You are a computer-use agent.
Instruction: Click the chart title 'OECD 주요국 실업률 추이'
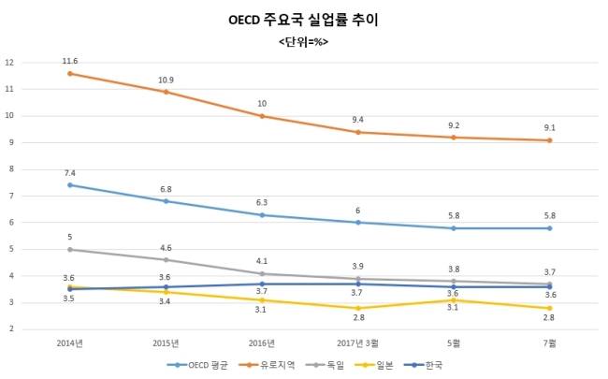coord(304,19)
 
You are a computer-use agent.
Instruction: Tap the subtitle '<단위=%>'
coord(304,42)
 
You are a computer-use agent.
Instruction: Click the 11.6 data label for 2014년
coord(70,61)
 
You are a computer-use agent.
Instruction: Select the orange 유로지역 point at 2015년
coord(166,92)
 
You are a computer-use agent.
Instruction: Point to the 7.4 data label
coord(70,173)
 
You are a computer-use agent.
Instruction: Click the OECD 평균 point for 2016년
coord(262,215)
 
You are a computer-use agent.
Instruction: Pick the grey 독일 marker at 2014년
coord(70,250)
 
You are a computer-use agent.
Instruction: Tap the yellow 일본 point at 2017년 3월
coord(358,308)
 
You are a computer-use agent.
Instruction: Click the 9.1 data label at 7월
coord(550,128)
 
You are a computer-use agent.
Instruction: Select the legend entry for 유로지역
coord(268,364)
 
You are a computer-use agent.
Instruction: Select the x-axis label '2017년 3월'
coord(358,343)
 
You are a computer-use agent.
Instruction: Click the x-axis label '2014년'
coord(70,343)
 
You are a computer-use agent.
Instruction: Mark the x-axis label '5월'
coord(454,343)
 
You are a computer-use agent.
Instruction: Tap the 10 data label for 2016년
coord(262,104)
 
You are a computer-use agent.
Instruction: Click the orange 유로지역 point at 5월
coord(454,138)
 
